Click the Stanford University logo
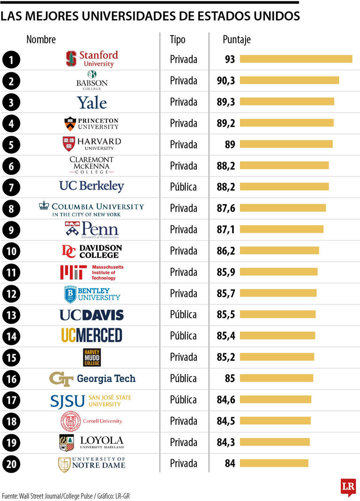(x=92, y=59)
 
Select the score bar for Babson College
(x=289, y=81)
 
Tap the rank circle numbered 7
(x=11, y=187)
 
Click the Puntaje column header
(x=236, y=39)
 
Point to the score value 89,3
(x=226, y=102)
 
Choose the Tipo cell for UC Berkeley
(x=183, y=187)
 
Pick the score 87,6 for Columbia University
(x=226, y=208)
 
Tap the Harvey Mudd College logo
(x=92, y=357)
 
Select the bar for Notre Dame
(x=274, y=463)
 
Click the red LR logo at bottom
(x=348, y=487)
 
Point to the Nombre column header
(x=41, y=39)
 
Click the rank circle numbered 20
(x=11, y=464)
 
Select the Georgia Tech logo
(x=92, y=378)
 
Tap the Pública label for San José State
(x=183, y=400)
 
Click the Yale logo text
(x=92, y=102)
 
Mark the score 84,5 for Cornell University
(x=226, y=421)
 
